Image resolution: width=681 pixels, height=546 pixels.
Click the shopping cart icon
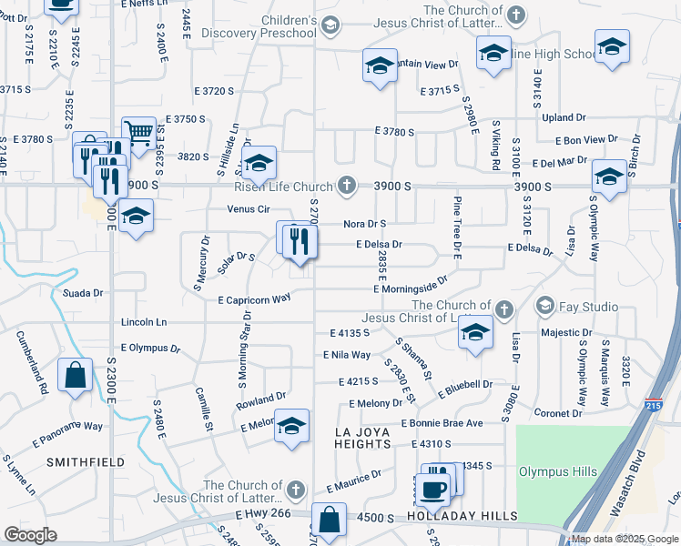[137, 133]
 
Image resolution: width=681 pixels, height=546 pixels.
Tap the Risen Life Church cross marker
[346, 186]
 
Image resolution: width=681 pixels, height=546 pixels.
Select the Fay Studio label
[582, 304]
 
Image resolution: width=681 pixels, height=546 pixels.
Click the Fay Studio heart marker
[546, 304]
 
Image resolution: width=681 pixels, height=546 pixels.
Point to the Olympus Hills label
[558, 471]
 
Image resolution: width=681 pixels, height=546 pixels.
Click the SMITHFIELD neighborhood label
[89, 462]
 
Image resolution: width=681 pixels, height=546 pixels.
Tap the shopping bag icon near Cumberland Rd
[75, 374]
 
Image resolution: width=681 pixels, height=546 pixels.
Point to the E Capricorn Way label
[254, 298]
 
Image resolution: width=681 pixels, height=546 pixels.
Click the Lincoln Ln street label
[144, 322]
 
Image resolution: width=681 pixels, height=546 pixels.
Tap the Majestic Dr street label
[566, 332]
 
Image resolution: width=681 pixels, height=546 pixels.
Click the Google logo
[30, 535]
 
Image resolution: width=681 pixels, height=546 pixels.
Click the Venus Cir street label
[250, 208]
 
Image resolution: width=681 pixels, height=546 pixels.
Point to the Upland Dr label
[563, 117]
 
